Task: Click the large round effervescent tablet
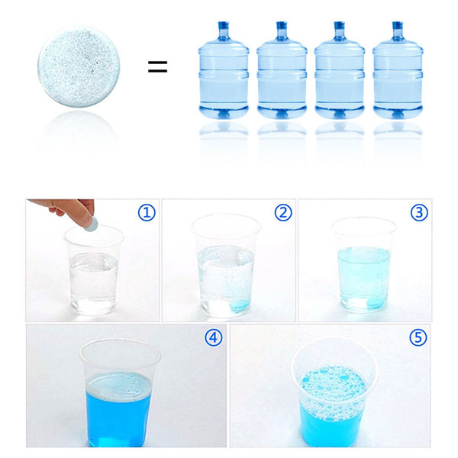click(79, 67)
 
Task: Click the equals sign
click(157, 66)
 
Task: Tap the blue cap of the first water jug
click(223, 25)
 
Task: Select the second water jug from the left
click(282, 70)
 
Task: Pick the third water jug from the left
click(340, 70)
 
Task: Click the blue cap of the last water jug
click(398, 25)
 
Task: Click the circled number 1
click(147, 213)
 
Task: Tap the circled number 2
click(283, 213)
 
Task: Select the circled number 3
click(419, 213)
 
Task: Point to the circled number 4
click(214, 337)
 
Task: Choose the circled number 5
click(418, 337)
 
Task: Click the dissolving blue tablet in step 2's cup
click(240, 305)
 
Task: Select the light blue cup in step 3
click(363, 265)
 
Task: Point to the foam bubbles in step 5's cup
click(333, 389)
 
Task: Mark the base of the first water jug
click(224, 111)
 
